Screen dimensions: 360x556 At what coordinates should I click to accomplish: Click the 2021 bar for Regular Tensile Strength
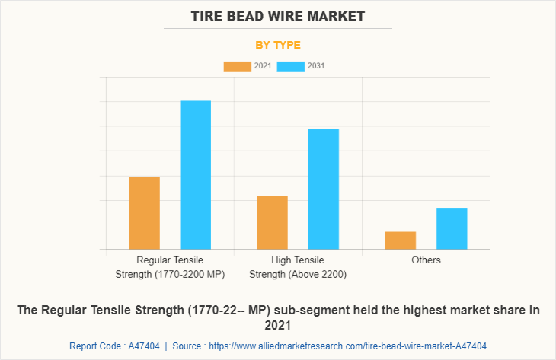coord(145,213)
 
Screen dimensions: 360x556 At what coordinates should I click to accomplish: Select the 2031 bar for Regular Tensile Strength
coord(196,175)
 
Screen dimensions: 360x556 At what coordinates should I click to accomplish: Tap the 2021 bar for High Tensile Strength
coord(272,222)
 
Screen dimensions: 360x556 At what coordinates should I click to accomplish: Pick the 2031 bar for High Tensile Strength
coord(324,190)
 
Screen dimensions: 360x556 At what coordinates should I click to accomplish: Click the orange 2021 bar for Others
coord(401,241)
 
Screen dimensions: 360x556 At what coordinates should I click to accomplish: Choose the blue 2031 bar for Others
coord(452,228)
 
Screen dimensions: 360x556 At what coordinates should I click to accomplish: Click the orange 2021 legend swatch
coord(237,66)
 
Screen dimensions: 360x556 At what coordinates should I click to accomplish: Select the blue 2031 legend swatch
coord(291,66)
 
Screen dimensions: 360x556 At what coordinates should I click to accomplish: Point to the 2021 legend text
coord(262,66)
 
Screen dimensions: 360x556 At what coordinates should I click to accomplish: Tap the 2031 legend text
coord(316,66)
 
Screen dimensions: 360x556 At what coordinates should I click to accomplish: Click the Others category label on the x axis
coord(426,260)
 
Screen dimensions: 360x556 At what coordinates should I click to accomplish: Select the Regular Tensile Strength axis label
coord(170,267)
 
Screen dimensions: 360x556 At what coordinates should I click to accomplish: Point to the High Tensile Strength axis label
coord(298,267)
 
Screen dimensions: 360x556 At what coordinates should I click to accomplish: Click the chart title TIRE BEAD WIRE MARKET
coord(278,15)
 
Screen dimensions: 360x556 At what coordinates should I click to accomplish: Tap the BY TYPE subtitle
coord(278,45)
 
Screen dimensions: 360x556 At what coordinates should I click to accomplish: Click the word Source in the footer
coord(187,346)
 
